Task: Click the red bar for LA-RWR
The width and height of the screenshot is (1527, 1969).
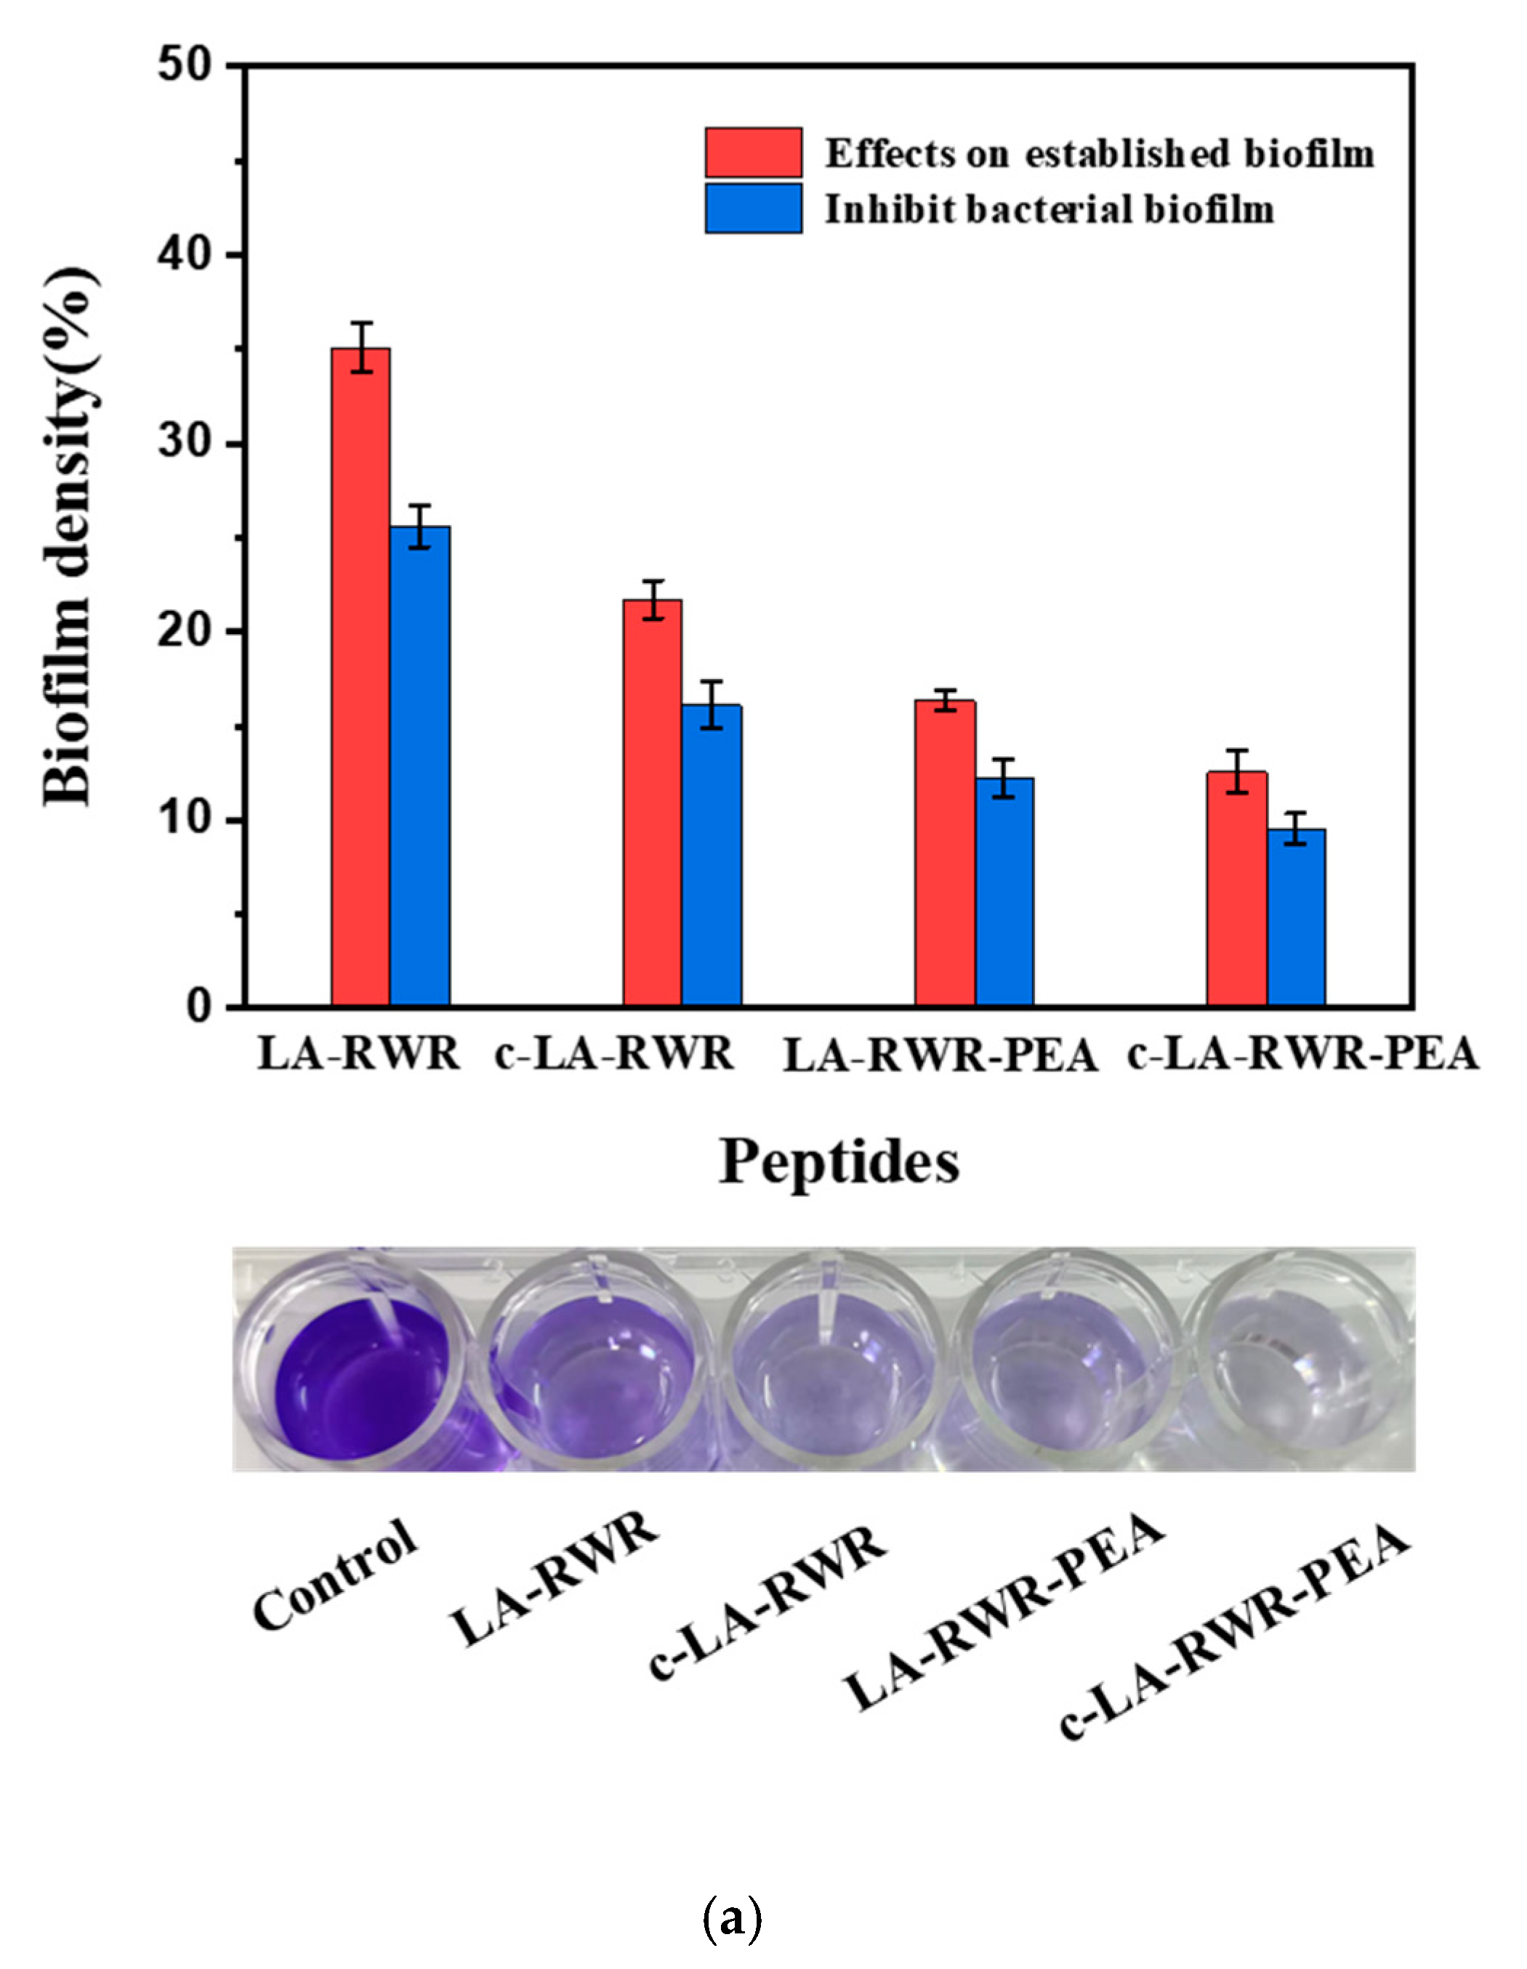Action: point(360,676)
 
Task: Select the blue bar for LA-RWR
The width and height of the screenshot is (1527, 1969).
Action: point(419,766)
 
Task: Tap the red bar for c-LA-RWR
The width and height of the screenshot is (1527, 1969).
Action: point(652,803)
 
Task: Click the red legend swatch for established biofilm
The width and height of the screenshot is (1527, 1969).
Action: point(753,153)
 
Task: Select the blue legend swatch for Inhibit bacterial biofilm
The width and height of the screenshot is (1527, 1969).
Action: point(753,208)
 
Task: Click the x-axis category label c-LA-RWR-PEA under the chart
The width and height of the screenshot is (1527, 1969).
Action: point(1302,1053)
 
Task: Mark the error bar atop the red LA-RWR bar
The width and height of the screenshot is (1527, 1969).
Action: point(360,347)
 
